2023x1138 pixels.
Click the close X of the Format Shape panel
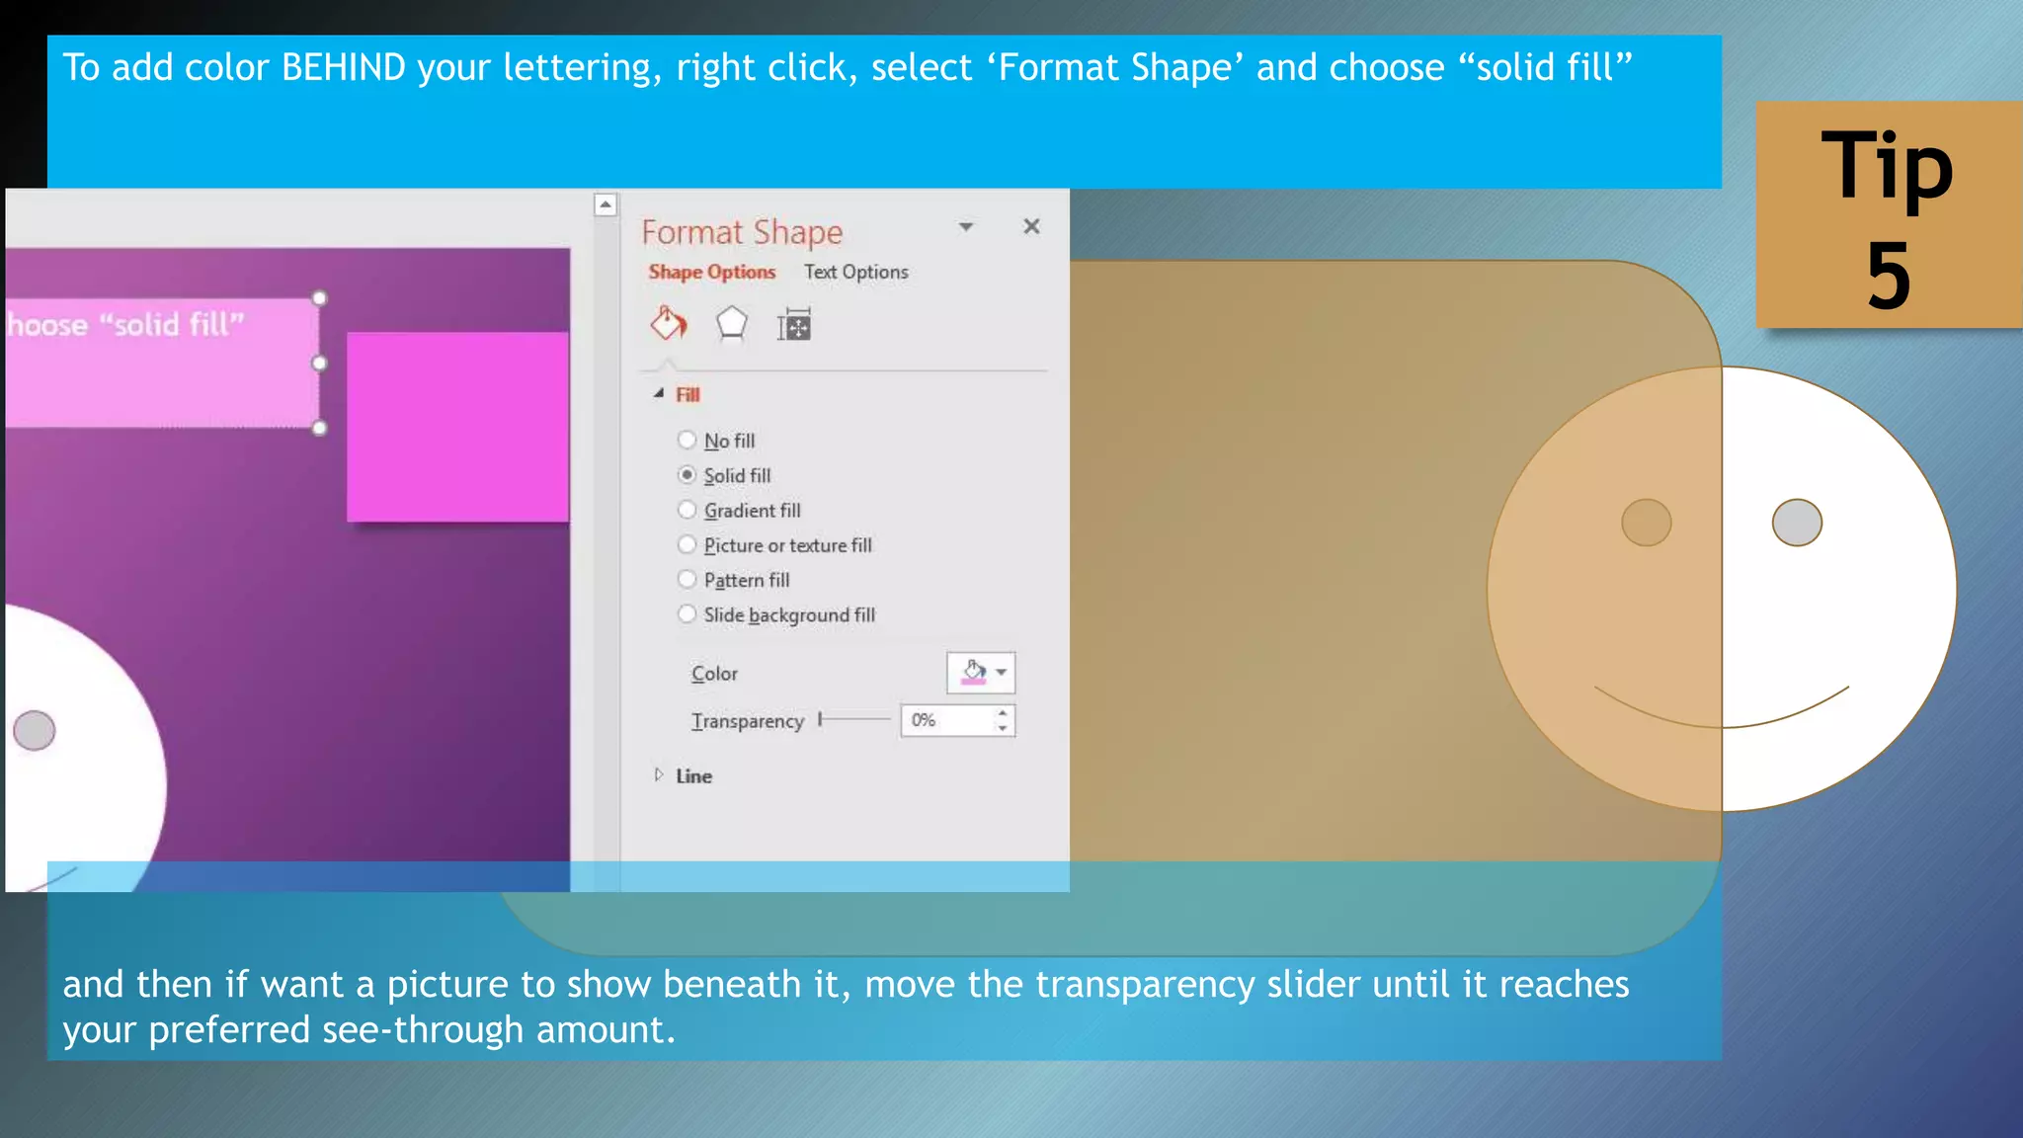point(1031,227)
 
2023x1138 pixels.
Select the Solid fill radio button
point(687,475)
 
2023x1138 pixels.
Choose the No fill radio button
point(687,440)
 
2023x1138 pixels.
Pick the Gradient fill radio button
point(687,510)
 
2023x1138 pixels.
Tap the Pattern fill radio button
point(687,579)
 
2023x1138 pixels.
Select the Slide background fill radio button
point(687,614)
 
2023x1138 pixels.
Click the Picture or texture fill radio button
point(687,544)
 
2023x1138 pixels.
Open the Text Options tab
point(855,272)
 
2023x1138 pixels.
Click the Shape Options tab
point(711,272)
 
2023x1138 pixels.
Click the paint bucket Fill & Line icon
point(668,324)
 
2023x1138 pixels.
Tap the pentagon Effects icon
point(731,324)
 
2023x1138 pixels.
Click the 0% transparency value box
point(946,720)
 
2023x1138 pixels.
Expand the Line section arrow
point(659,775)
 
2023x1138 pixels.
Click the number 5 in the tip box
point(1889,276)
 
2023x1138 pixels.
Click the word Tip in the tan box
point(1887,166)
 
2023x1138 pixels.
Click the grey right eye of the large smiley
point(1797,523)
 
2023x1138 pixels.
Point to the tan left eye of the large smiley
point(1647,523)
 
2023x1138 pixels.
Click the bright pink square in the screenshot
point(457,427)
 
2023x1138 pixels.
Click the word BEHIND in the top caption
point(344,67)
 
